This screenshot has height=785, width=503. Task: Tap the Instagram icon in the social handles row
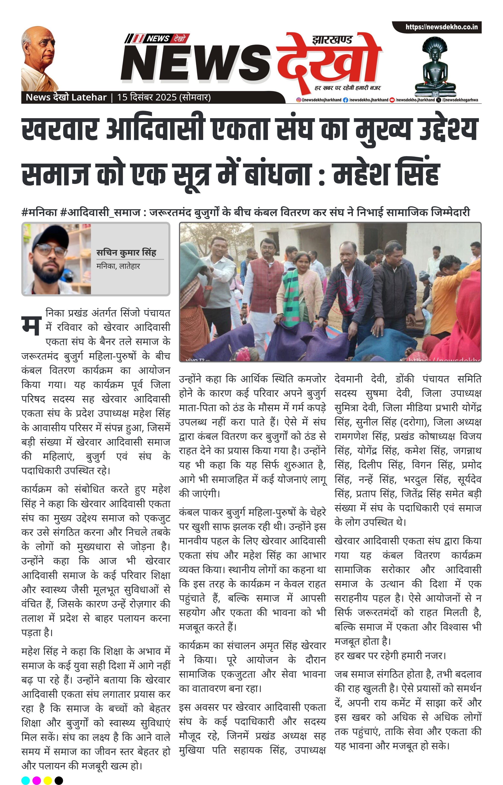click(x=298, y=100)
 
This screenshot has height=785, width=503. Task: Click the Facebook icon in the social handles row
click(x=345, y=100)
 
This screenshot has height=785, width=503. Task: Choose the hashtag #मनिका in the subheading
click(x=39, y=213)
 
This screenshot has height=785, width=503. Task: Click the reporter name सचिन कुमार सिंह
click(x=126, y=253)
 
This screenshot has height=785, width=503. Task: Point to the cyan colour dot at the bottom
click(x=26, y=781)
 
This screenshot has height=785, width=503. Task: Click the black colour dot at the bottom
click(x=59, y=781)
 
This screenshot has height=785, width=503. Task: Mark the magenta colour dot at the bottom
click(x=37, y=781)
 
